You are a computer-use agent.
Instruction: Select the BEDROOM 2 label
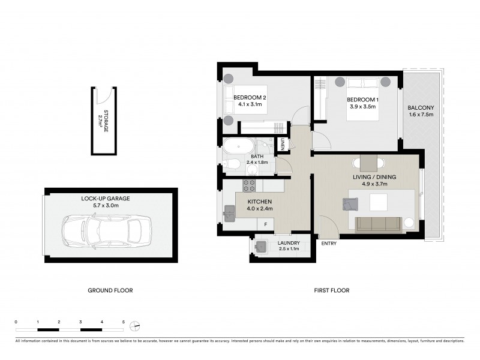(x=250, y=98)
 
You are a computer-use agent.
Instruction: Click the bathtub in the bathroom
(x=238, y=146)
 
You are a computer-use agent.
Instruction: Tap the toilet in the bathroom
(x=234, y=164)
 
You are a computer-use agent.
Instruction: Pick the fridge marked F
(x=266, y=223)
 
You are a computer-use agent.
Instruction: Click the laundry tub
(x=261, y=246)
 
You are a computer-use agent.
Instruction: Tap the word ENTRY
(x=329, y=244)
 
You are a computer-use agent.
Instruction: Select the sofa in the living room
(x=378, y=224)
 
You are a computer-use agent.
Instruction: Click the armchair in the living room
(x=349, y=205)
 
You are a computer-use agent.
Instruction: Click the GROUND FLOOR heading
(x=110, y=290)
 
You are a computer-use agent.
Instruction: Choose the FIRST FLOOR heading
(x=332, y=290)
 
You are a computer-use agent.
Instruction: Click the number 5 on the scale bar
(x=124, y=322)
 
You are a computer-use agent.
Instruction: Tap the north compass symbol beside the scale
(x=136, y=326)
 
